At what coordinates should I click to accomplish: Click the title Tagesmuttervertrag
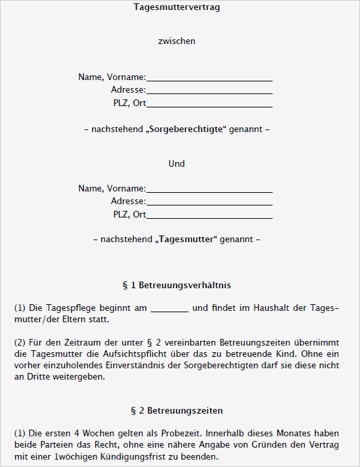click(177, 8)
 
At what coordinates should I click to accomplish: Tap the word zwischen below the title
click(177, 41)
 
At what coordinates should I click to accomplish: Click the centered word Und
click(177, 164)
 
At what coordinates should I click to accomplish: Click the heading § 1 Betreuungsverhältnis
click(177, 285)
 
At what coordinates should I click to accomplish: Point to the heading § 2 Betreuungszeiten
click(177, 410)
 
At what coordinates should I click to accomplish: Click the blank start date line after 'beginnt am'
click(170, 308)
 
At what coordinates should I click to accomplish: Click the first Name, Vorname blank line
click(209, 77)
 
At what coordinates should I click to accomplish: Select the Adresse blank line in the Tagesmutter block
click(209, 201)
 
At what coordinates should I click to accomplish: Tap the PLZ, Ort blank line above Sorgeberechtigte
click(209, 104)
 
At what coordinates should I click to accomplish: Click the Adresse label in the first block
click(128, 90)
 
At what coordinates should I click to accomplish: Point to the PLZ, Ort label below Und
click(129, 215)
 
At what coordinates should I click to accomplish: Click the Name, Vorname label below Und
click(112, 189)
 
